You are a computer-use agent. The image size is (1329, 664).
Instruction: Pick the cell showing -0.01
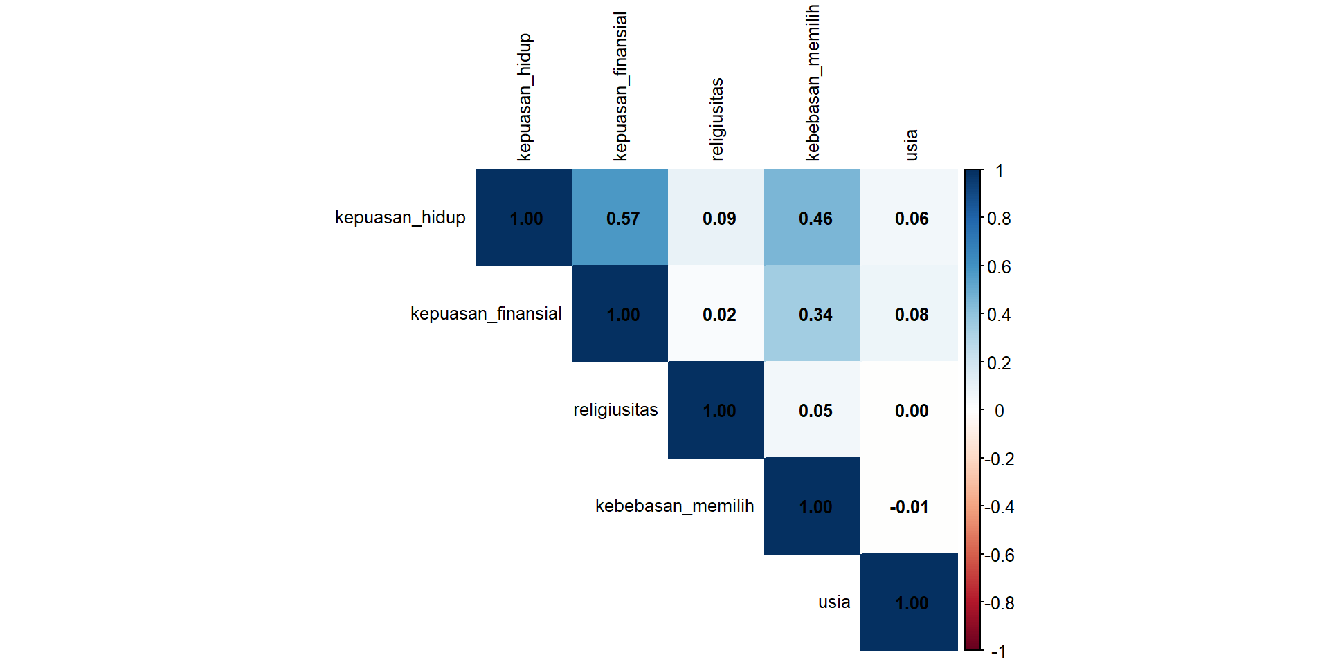pyautogui.click(x=909, y=506)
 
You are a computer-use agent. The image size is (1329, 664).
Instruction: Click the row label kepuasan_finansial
pyautogui.click(x=486, y=314)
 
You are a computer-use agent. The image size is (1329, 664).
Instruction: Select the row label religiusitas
pyautogui.click(x=615, y=410)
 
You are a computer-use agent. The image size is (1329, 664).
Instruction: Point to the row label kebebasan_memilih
pyautogui.click(x=674, y=506)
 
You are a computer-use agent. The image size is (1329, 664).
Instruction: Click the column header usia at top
pyautogui.click(x=912, y=145)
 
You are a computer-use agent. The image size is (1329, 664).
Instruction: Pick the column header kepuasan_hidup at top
pyautogui.click(x=525, y=97)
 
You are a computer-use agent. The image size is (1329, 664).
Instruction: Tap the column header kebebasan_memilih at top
pyautogui.click(x=813, y=83)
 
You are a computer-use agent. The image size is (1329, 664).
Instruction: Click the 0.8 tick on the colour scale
pyautogui.click(x=999, y=219)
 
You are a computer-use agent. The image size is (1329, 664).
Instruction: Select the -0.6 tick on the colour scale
pyautogui.click(x=1000, y=555)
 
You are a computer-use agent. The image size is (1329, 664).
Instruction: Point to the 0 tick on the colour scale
pyautogui.click(x=999, y=411)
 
